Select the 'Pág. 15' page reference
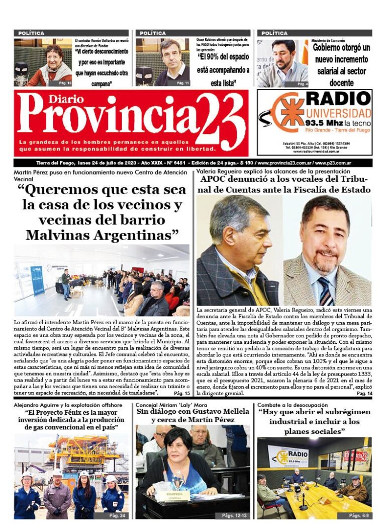(181, 393)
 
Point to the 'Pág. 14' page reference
(364, 393)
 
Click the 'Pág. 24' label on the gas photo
(116, 515)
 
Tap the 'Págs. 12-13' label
(234, 515)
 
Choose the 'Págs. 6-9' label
(360, 515)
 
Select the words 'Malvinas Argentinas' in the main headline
(102, 235)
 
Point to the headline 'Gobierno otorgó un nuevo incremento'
(341, 53)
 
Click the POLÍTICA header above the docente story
(275, 33)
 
